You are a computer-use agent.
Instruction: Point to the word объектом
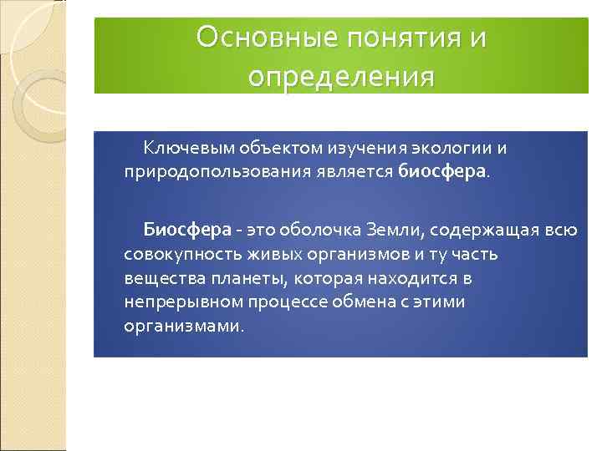coord(260,149)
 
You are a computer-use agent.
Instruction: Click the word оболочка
coord(316,228)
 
